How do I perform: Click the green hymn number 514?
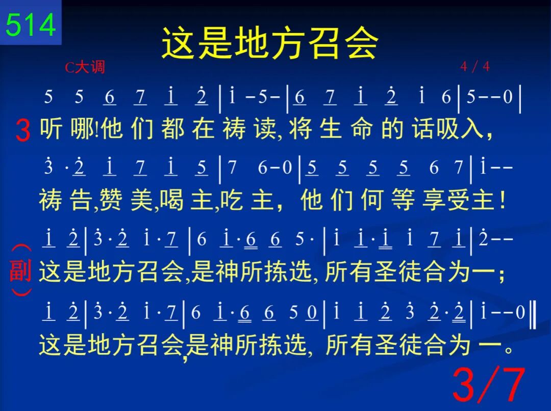point(31,24)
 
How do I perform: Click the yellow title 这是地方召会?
point(270,43)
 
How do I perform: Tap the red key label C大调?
point(85,67)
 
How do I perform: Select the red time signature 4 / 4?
point(475,66)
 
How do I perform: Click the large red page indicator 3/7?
point(489,385)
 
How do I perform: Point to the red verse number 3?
point(23,130)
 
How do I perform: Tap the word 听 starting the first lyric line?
point(51,128)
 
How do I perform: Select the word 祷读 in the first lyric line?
point(249,129)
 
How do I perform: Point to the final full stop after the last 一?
point(509,349)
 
